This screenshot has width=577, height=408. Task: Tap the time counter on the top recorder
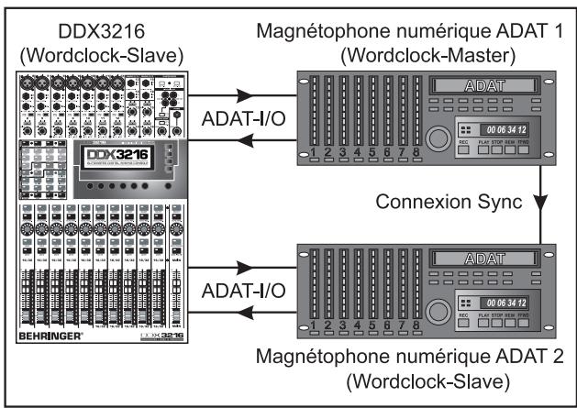tap(502, 129)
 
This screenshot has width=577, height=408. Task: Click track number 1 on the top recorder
tap(313, 152)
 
